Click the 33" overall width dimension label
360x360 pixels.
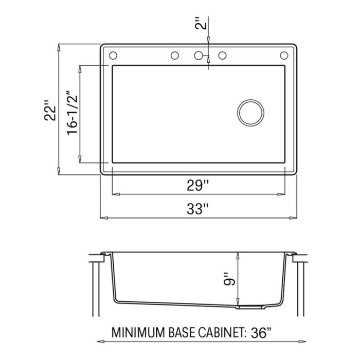click(x=198, y=209)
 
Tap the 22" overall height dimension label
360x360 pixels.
click(x=49, y=110)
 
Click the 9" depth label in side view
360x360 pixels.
click(x=229, y=279)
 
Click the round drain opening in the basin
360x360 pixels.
click(x=250, y=112)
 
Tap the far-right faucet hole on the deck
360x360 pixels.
click(x=283, y=55)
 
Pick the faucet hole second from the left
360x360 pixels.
click(x=174, y=55)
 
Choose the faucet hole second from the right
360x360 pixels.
click(x=223, y=55)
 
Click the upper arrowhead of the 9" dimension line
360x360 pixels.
click(x=237, y=255)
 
